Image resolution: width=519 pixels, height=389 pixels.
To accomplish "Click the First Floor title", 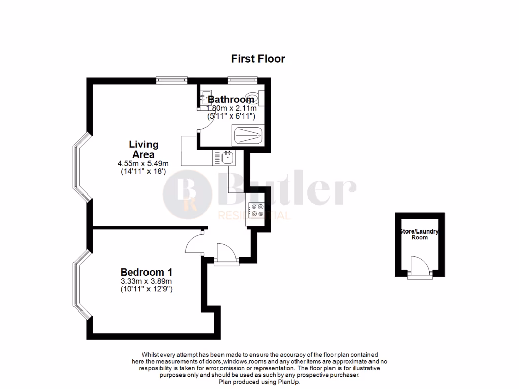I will (258, 59).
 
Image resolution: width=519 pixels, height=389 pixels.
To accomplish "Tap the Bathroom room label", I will (231, 99).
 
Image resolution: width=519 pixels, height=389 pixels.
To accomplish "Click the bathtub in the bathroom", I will (247, 135).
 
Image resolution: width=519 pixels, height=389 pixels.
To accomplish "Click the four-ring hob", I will (256, 209).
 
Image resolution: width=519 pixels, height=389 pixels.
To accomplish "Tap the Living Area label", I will (143, 149).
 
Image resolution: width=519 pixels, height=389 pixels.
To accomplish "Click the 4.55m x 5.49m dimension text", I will (143, 163).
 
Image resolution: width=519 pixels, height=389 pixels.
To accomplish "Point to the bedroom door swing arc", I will (194, 243).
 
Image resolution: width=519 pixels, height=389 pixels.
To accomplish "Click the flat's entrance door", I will (224, 254).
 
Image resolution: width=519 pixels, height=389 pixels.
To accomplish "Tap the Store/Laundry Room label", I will (419, 234).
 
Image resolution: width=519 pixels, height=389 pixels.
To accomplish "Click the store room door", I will (420, 266).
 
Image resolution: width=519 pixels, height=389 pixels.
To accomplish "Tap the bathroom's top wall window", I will (242, 80).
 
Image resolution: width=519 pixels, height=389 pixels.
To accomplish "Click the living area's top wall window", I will (171, 80).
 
